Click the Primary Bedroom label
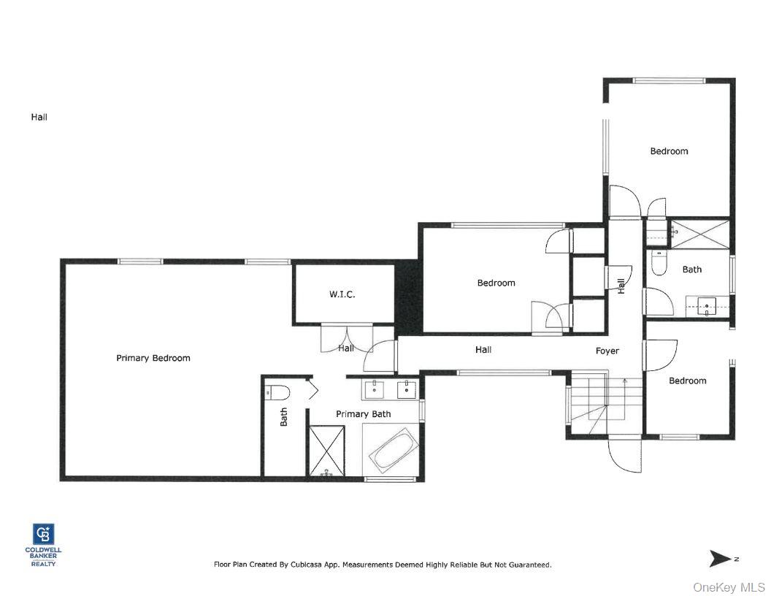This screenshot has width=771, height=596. [x=153, y=358]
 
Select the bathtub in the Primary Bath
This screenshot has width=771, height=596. [x=393, y=451]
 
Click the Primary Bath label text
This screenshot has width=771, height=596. [x=363, y=414]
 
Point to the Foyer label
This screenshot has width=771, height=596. [x=607, y=351]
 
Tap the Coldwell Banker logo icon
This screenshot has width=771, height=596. [x=43, y=534]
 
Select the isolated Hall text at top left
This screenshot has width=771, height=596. [x=39, y=117]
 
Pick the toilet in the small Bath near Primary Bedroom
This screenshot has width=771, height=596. [x=277, y=392]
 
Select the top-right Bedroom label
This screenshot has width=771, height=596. [x=669, y=151]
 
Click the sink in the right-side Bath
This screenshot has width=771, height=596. [x=705, y=305]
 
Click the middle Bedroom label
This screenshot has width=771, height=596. [x=496, y=283]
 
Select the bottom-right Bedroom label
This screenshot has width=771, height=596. [x=687, y=381]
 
